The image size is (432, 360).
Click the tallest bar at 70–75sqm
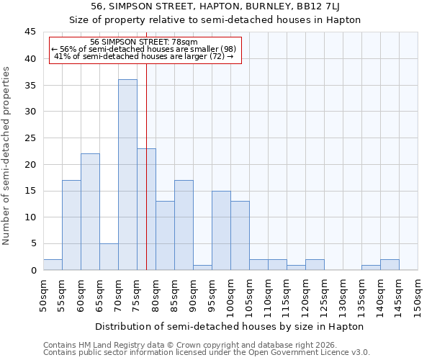[127, 175]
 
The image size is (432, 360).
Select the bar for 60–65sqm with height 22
[90, 212]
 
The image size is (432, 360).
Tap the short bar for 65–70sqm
[109, 257]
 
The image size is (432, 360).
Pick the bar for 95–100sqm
[221, 230]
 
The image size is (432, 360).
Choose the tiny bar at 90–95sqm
[202, 267]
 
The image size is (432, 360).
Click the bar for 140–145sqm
[390, 265]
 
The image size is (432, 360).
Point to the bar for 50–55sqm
[53, 265]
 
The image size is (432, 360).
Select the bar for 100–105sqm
[240, 235]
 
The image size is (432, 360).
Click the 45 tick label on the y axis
[30, 32]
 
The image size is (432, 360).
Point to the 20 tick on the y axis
[30, 164]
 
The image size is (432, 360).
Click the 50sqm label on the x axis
[43, 295]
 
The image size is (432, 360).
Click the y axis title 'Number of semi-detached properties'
[7, 156]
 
